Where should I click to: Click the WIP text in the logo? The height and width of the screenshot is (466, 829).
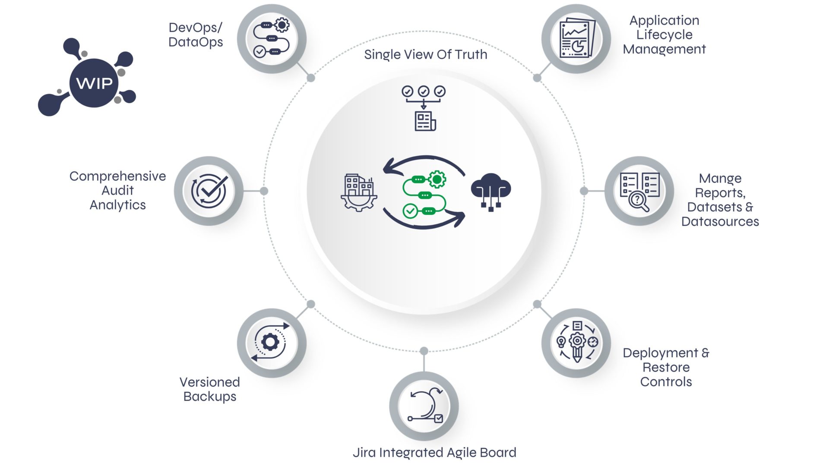tap(94, 83)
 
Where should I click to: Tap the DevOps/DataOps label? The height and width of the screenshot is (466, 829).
tap(196, 35)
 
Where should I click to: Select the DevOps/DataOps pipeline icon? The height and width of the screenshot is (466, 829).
tap(272, 38)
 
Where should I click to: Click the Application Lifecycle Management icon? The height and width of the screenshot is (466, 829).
tap(576, 38)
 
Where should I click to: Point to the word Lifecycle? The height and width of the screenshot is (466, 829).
tap(664, 35)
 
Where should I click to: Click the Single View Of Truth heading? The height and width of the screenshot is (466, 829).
tap(425, 54)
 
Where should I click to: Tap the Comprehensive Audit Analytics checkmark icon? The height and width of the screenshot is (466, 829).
tap(209, 191)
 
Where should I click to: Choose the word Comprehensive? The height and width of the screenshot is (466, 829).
tap(117, 176)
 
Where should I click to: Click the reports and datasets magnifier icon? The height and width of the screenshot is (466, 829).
tap(639, 191)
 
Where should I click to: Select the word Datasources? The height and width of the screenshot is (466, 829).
tap(720, 221)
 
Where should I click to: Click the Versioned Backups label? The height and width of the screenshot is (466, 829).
tap(210, 389)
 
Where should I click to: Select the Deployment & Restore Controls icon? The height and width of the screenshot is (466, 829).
tap(576, 342)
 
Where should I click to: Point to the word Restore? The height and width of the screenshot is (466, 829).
tap(666, 367)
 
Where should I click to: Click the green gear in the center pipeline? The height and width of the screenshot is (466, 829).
tap(437, 179)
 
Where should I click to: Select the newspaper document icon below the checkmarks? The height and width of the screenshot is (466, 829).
tap(425, 121)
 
